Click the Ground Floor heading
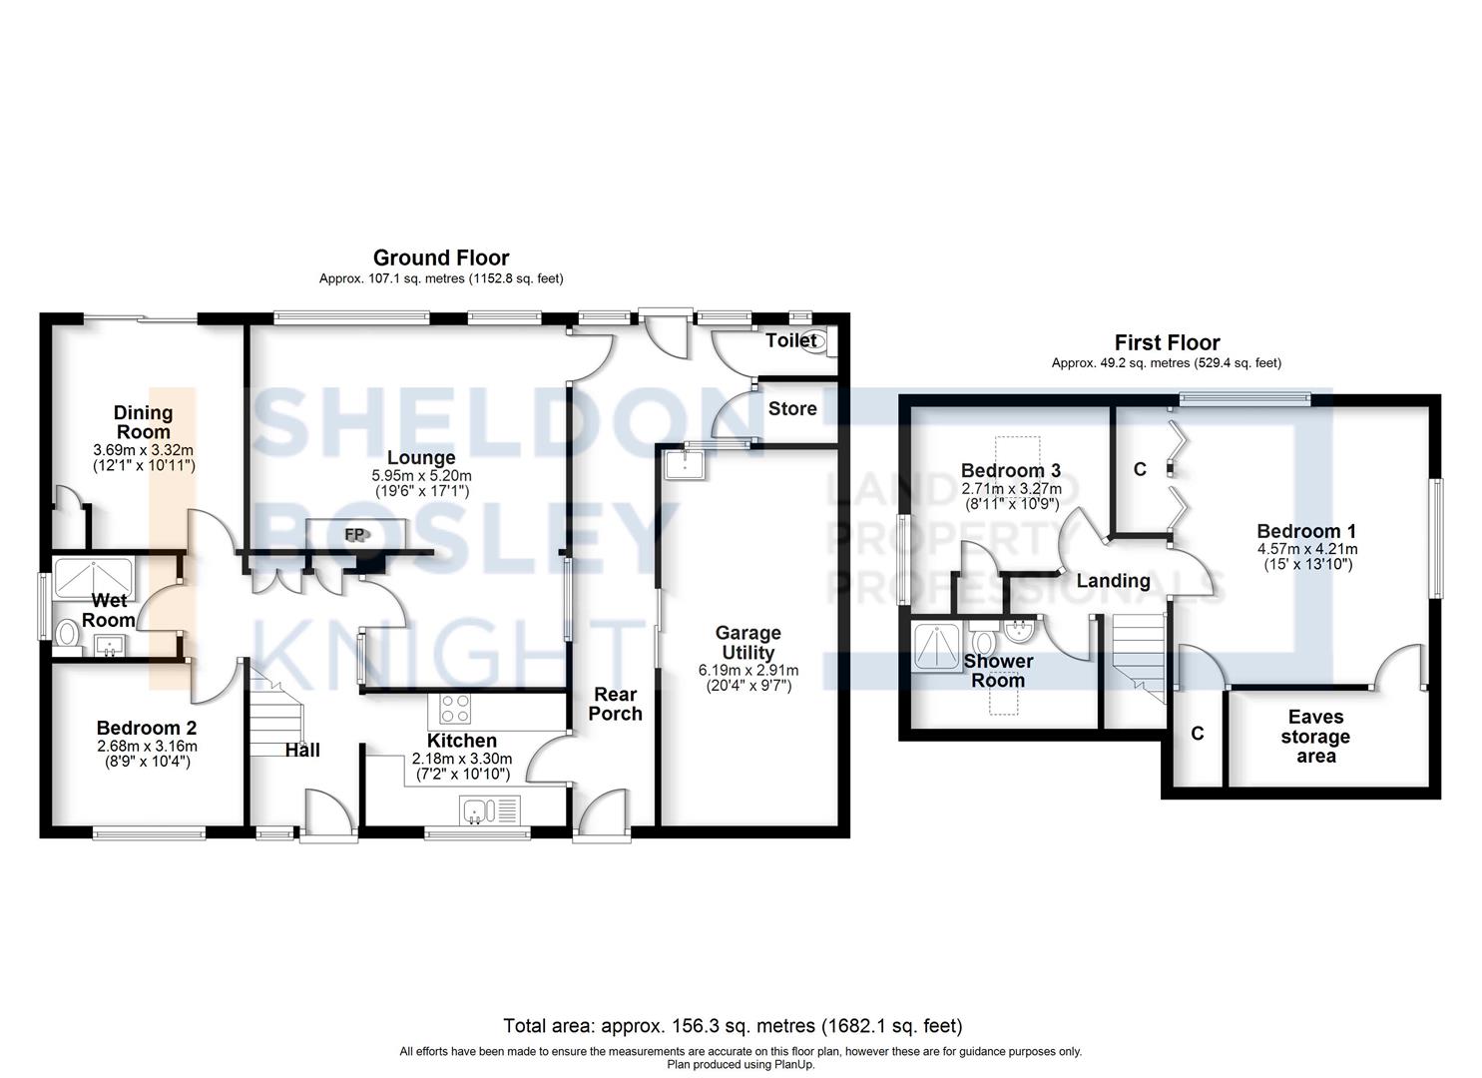point(440,259)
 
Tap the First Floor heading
point(1167,342)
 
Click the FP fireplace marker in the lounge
point(354,535)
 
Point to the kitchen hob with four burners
point(455,709)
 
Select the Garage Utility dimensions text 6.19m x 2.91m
point(747,670)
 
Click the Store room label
point(792,409)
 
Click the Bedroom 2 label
point(146,728)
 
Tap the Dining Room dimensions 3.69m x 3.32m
point(143,450)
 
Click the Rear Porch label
point(615,704)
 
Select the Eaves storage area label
point(1315,737)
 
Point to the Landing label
point(1113,581)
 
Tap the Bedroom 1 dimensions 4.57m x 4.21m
point(1306,549)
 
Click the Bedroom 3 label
point(1010,470)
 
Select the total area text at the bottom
point(733,1026)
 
